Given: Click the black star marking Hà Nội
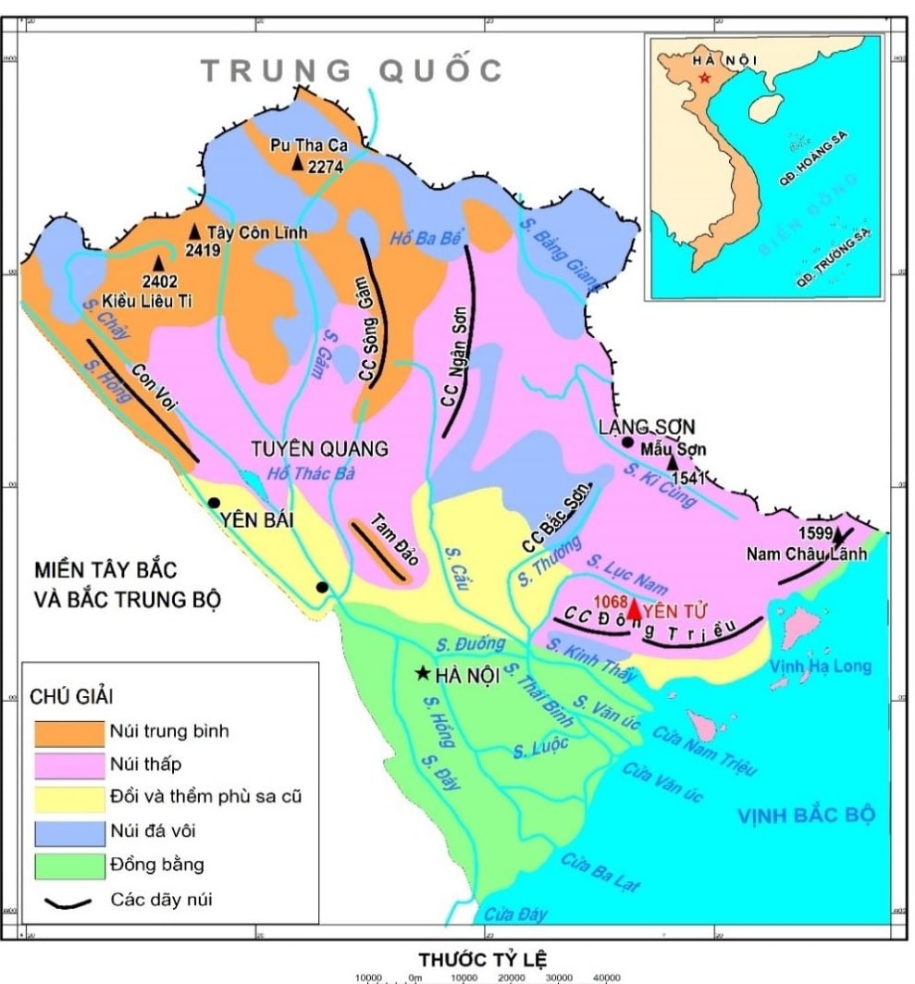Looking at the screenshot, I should click(424, 673).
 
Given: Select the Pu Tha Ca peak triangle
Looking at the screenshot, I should click(297, 163).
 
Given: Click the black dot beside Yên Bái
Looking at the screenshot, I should click(214, 503).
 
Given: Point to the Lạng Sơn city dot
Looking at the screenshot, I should click(629, 442).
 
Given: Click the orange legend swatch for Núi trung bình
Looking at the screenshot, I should click(69, 732).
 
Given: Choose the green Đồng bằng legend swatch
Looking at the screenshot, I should click(69, 866).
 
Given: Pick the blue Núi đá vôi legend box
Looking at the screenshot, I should click(69, 832).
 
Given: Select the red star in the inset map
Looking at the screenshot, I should click(705, 78).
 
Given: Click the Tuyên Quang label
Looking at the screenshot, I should click(319, 449).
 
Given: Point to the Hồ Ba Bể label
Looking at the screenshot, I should click(425, 238).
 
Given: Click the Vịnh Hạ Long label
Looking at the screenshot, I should click(820, 666).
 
